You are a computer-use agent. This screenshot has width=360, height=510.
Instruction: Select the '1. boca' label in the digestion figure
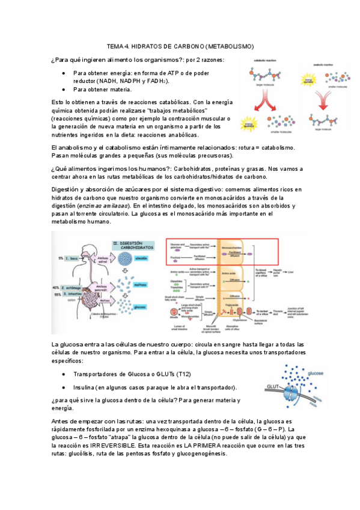tap(72, 257)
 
